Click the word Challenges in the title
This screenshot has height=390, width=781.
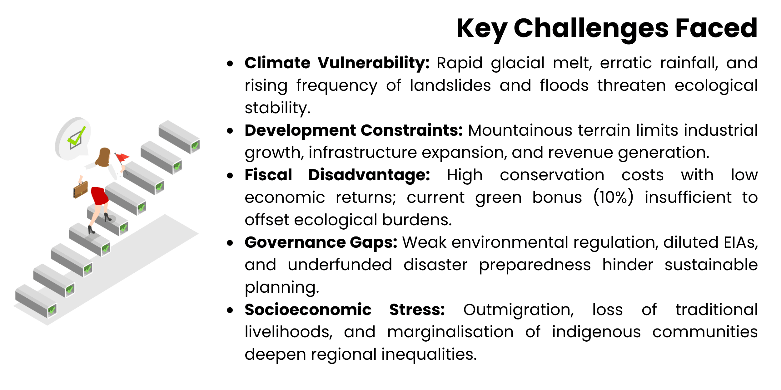[591, 29]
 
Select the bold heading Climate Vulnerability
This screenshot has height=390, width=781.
[337, 63]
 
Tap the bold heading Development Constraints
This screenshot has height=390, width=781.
[353, 130]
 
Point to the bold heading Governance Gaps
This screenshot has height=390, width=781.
[321, 242]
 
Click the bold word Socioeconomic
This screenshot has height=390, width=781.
[308, 310]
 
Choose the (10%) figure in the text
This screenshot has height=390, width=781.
[613, 197]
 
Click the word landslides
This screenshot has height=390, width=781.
[450, 85]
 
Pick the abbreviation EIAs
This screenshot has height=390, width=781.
[741, 242]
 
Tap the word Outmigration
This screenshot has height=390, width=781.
[518, 310]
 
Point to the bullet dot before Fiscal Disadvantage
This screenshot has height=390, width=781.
[230, 176]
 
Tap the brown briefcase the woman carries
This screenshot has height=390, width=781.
[81, 189]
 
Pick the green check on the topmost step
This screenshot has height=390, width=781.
[195, 145]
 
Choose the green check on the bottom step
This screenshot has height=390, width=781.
[52, 310]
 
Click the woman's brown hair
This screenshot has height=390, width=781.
[103, 157]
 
